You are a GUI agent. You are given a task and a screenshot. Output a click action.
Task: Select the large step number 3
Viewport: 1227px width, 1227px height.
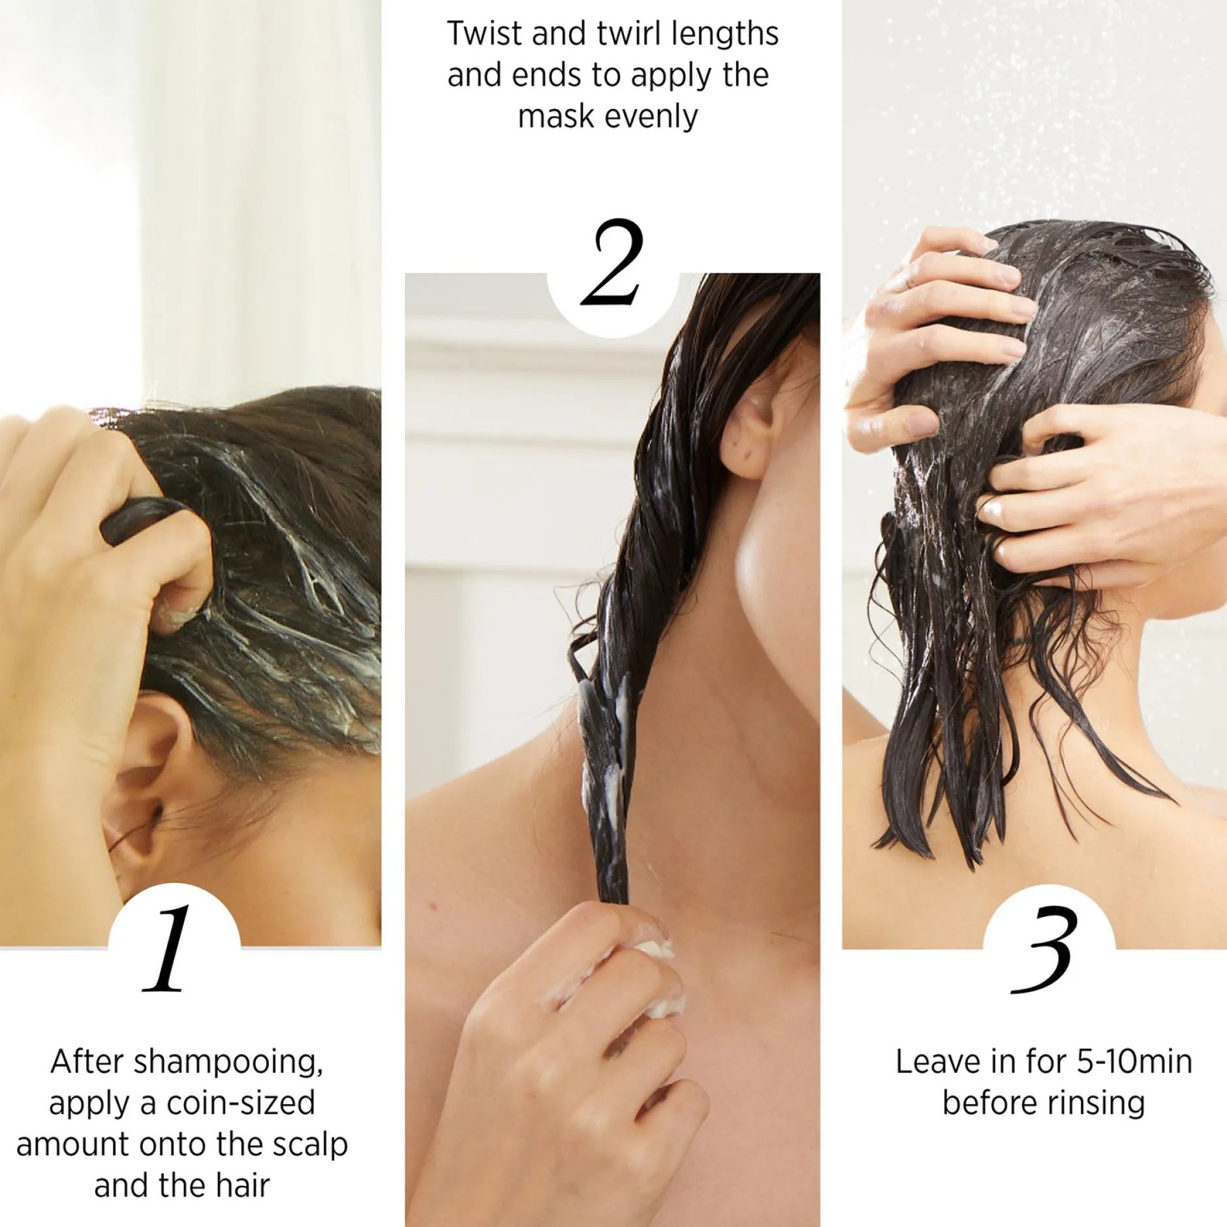point(1043,950)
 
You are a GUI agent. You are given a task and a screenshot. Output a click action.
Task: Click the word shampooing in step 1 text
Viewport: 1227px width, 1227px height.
point(228,1063)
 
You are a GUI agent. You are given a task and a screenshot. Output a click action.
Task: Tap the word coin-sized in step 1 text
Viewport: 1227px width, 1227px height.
point(241,1104)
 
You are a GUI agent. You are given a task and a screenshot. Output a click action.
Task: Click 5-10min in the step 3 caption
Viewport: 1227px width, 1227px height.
point(1134,1063)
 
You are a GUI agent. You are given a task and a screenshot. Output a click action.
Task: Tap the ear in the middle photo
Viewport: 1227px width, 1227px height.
point(747,431)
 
